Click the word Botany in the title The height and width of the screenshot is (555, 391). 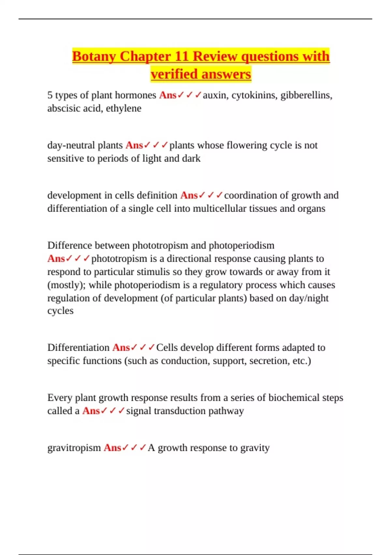(x=94, y=56)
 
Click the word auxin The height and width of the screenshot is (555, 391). (x=216, y=95)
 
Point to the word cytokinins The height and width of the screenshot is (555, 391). (x=254, y=95)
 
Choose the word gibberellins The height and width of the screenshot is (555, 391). (x=306, y=95)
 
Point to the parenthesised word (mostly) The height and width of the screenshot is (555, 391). (x=66, y=285)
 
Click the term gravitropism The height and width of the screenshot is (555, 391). (x=74, y=448)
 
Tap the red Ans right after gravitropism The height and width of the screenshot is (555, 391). (x=112, y=448)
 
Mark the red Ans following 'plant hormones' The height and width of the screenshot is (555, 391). (x=167, y=95)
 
